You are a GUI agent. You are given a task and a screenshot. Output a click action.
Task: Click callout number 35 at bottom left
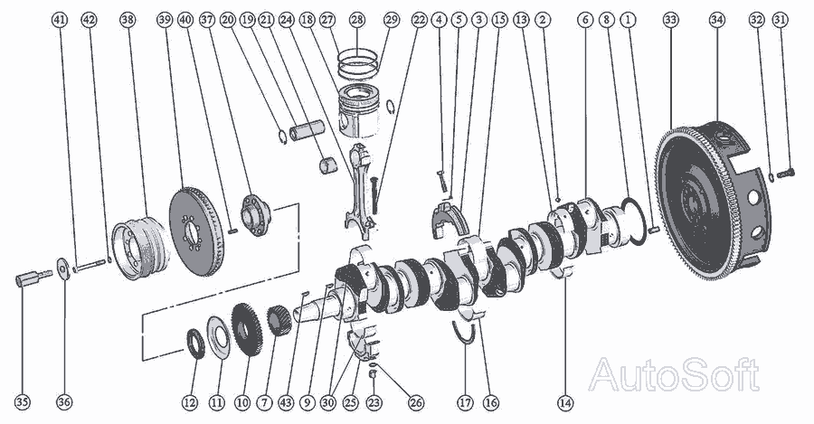click(23, 401)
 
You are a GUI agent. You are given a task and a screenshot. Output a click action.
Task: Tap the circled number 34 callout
click(717, 20)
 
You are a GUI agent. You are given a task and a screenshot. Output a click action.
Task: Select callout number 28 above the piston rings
click(357, 20)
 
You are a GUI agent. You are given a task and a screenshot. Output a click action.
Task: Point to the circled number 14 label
click(565, 401)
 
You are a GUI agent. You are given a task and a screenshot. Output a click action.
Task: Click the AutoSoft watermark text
click(674, 374)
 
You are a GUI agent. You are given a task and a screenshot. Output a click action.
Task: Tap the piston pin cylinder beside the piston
click(307, 130)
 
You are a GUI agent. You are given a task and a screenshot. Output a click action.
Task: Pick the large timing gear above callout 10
click(247, 330)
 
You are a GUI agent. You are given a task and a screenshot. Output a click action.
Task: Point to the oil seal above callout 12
click(195, 344)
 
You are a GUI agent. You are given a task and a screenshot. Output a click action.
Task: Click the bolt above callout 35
click(33, 278)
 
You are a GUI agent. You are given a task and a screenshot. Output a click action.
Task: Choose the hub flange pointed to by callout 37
click(255, 214)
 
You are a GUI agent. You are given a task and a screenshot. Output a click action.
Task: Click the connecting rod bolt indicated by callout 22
click(374, 192)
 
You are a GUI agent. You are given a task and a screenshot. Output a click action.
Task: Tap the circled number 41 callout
click(61, 20)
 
